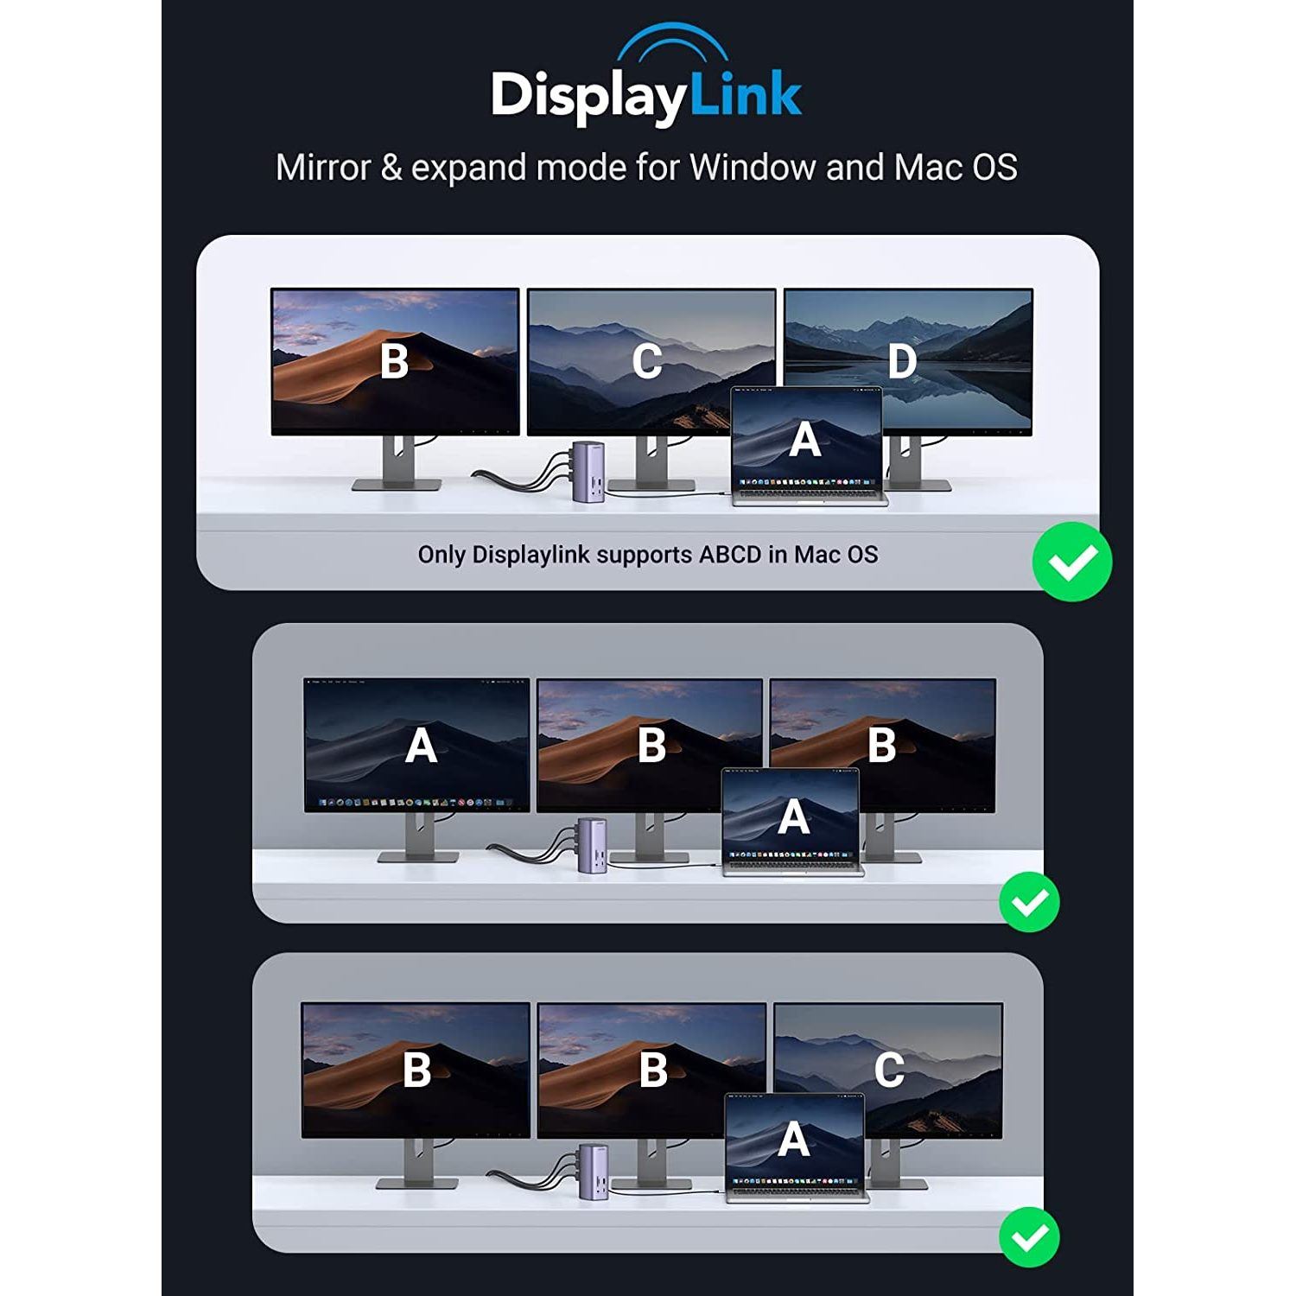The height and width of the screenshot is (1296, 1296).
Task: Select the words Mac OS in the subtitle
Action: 956,167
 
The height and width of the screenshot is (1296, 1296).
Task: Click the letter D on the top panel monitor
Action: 901,361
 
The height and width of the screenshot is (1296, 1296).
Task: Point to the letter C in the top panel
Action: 647,362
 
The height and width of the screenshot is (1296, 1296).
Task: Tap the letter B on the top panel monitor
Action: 395,361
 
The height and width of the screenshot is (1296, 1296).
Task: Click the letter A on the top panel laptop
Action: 805,440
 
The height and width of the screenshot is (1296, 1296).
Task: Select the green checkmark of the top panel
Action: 1072,562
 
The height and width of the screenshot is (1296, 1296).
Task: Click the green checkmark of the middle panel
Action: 1030,902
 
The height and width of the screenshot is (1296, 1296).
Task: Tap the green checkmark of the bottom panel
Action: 1030,1236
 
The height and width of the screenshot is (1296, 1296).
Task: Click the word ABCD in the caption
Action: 730,555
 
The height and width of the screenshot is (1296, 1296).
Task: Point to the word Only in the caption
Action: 442,555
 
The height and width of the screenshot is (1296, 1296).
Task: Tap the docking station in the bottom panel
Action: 592,1171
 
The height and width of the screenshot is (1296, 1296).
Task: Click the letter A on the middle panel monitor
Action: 421,746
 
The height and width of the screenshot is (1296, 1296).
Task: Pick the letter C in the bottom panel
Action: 889,1070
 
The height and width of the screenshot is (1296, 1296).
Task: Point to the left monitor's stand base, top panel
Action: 397,485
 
